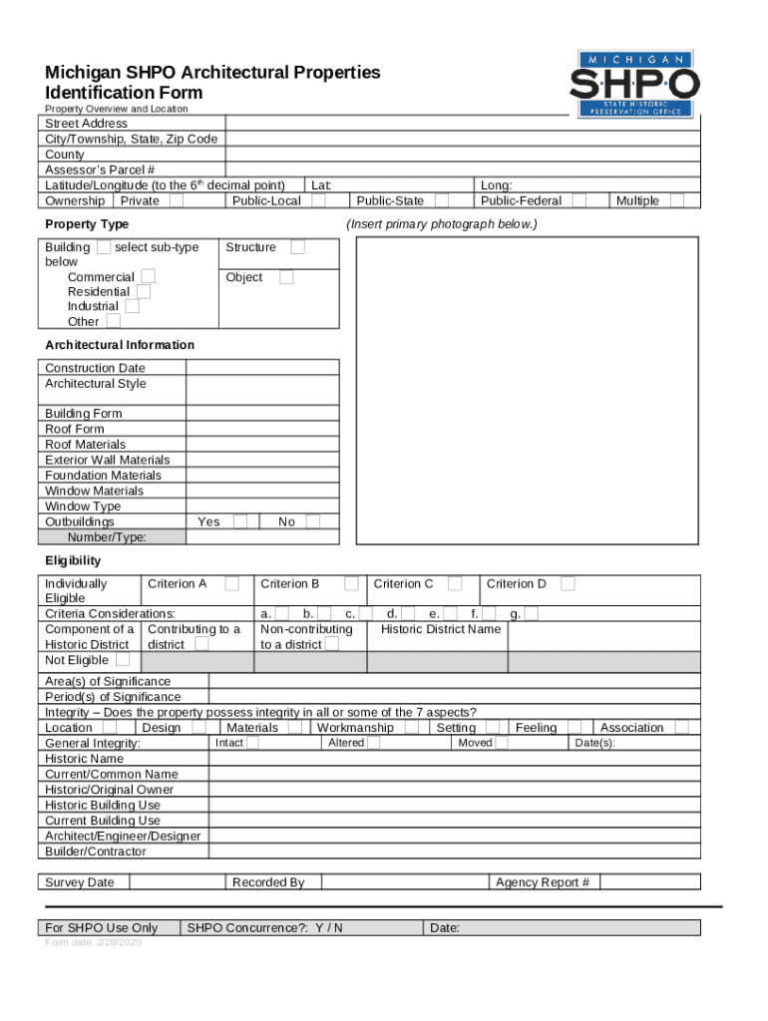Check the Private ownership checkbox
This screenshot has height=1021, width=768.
[x=176, y=200]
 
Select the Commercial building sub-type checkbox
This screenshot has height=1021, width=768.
[x=148, y=276]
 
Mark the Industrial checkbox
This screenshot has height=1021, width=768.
[x=133, y=306]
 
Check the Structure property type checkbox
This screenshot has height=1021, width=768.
[x=297, y=247]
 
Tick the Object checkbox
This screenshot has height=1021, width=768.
[x=286, y=277]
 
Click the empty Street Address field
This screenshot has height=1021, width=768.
[x=465, y=124]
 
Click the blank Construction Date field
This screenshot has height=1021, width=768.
[x=262, y=368]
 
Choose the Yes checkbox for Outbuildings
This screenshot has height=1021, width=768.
[x=240, y=521]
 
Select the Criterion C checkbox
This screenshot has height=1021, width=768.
[x=455, y=583]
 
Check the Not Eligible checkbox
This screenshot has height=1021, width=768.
[x=122, y=660]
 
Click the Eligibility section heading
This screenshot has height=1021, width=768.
[x=73, y=561]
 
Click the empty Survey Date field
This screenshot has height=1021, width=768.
[x=177, y=882]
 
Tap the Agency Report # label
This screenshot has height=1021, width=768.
[x=543, y=882]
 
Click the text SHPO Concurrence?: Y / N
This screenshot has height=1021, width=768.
[x=265, y=928]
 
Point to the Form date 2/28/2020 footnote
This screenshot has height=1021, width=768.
[x=93, y=943]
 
